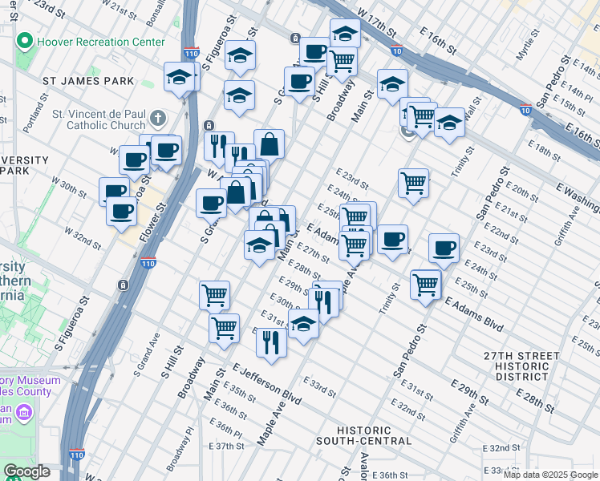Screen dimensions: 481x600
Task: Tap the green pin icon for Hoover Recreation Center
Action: tap(26, 41)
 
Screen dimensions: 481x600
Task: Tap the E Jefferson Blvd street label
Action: tap(268, 382)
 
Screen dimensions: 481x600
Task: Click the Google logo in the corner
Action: tap(26, 471)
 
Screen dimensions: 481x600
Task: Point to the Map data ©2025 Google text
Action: tap(550, 475)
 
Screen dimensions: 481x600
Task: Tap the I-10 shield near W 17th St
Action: tap(398, 51)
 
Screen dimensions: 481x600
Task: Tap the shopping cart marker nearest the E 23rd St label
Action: tap(413, 183)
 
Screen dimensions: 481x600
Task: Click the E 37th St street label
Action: tap(226, 446)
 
